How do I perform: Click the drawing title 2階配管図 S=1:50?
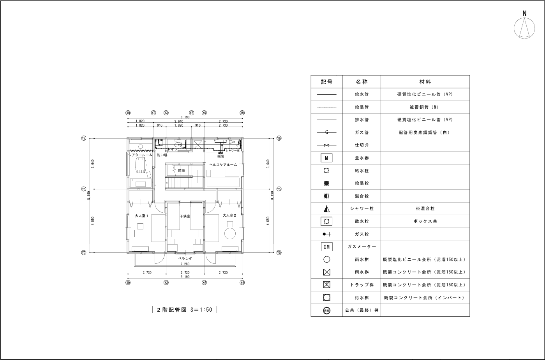pos(184,310)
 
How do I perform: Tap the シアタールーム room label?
pos(140,155)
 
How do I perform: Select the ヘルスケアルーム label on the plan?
pos(223,165)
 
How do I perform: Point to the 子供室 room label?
pos(185,216)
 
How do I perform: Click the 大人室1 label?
pos(141,215)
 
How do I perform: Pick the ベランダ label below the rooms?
pos(185,259)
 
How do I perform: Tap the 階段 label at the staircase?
pos(182,170)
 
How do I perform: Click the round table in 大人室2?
pos(230,233)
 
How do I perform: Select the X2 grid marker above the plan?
pos(153,113)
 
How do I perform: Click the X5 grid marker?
pos(191,113)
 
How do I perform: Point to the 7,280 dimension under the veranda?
pos(185,264)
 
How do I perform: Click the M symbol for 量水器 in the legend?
pos(326,158)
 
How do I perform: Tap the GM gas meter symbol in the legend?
pos(326,247)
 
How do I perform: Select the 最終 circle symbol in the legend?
pos(326,311)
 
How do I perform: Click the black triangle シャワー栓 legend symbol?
pos(326,208)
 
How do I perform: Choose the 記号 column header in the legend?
pos(326,82)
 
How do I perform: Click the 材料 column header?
pos(425,82)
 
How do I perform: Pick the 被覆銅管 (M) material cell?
pos(425,107)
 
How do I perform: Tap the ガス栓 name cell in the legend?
pos(362,234)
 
